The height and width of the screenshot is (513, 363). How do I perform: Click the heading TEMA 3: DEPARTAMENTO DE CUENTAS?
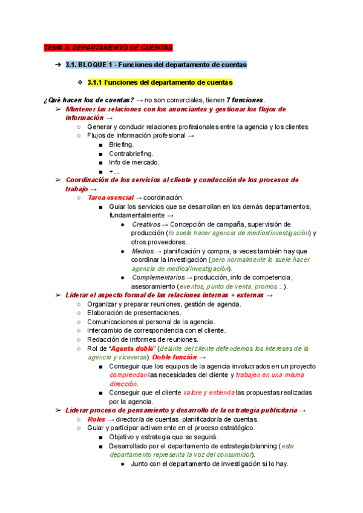(108, 48)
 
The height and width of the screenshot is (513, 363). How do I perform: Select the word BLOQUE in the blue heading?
(97, 65)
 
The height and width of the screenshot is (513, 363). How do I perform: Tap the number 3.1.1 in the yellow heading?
(97, 82)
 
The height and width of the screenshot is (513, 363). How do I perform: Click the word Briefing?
(122, 145)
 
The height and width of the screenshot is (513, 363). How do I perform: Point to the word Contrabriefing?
(131, 154)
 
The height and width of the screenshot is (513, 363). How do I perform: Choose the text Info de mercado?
(134, 162)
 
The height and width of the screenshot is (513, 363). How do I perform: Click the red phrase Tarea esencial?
(110, 198)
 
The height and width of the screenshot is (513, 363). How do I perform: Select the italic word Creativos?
(146, 224)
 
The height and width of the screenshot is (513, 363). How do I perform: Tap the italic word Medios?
(142, 251)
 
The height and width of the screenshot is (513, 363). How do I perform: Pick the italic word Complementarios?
(159, 278)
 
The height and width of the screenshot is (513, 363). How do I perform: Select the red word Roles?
(96, 419)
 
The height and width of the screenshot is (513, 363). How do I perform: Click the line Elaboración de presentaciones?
(134, 313)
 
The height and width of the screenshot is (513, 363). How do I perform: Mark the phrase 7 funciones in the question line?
(245, 100)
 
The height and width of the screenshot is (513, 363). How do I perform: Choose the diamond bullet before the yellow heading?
(79, 82)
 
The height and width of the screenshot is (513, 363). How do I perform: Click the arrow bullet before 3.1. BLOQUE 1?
(57, 65)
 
